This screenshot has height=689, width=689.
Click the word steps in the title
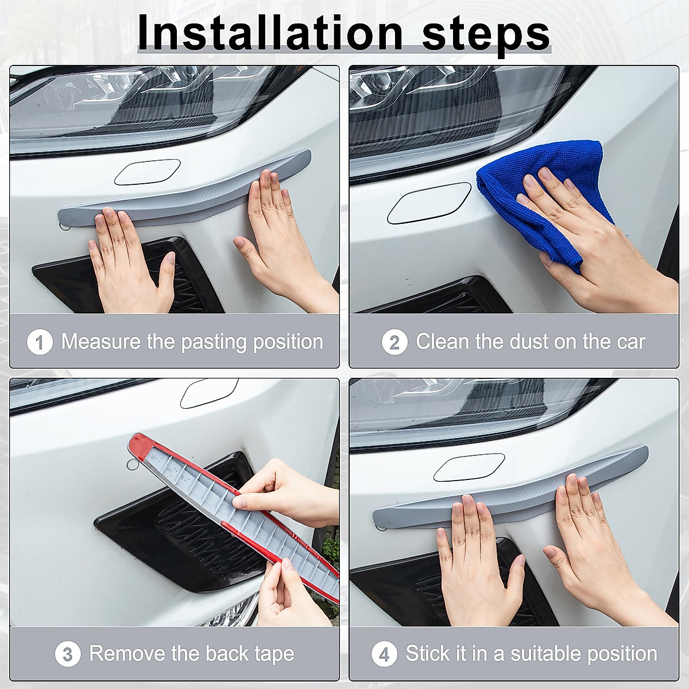486,33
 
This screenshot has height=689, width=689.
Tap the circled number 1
40,343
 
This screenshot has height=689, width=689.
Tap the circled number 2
394,343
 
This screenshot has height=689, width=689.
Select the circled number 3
68,655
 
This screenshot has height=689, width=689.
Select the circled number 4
384,655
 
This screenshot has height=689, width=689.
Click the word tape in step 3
273,653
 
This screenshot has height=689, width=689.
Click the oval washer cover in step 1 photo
148,172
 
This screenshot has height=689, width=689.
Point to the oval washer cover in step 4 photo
465,470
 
